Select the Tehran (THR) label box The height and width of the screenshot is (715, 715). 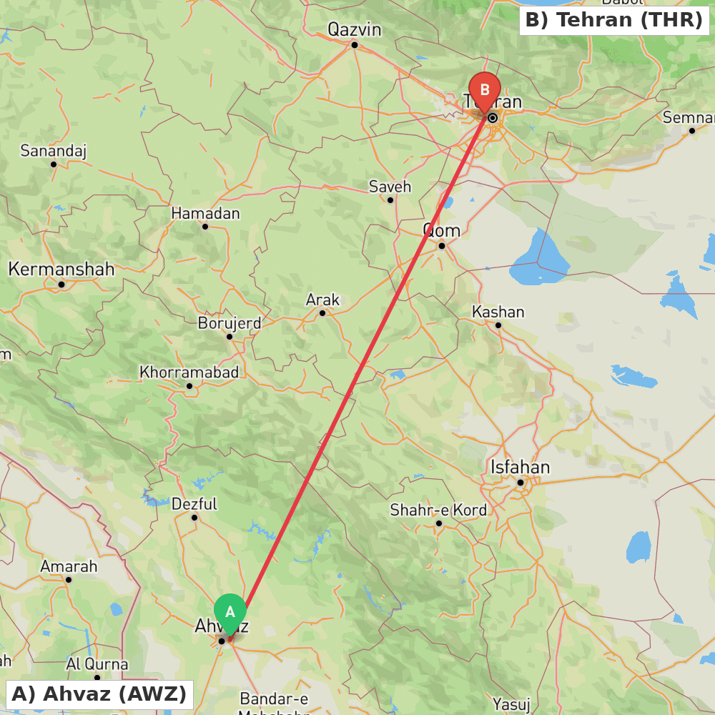pyautogui.click(x=614, y=20)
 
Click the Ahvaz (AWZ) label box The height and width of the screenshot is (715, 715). pyautogui.click(x=99, y=694)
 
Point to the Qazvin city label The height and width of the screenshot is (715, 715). pyautogui.click(x=354, y=29)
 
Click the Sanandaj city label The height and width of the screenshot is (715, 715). pyautogui.click(x=53, y=151)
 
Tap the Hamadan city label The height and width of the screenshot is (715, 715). pyautogui.click(x=205, y=213)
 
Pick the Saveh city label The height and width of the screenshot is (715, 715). pyautogui.click(x=390, y=187)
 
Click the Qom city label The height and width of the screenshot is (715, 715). pyautogui.click(x=442, y=231)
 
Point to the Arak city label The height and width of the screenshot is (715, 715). pyautogui.click(x=322, y=300)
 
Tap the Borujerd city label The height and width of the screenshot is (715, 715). pyautogui.click(x=229, y=322)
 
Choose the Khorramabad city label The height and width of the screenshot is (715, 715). pyautogui.click(x=189, y=373)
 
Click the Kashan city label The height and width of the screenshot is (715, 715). pyautogui.click(x=498, y=312)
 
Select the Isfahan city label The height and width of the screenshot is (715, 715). pyautogui.click(x=520, y=468)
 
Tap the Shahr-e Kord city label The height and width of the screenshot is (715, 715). pyautogui.click(x=438, y=510)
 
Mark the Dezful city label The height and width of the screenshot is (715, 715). pyautogui.click(x=194, y=504)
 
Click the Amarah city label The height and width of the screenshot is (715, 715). pyautogui.click(x=69, y=566)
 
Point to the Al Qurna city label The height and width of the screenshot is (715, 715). pyautogui.click(x=97, y=664)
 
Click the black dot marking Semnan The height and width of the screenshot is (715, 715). pyautogui.click(x=692, y=130)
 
